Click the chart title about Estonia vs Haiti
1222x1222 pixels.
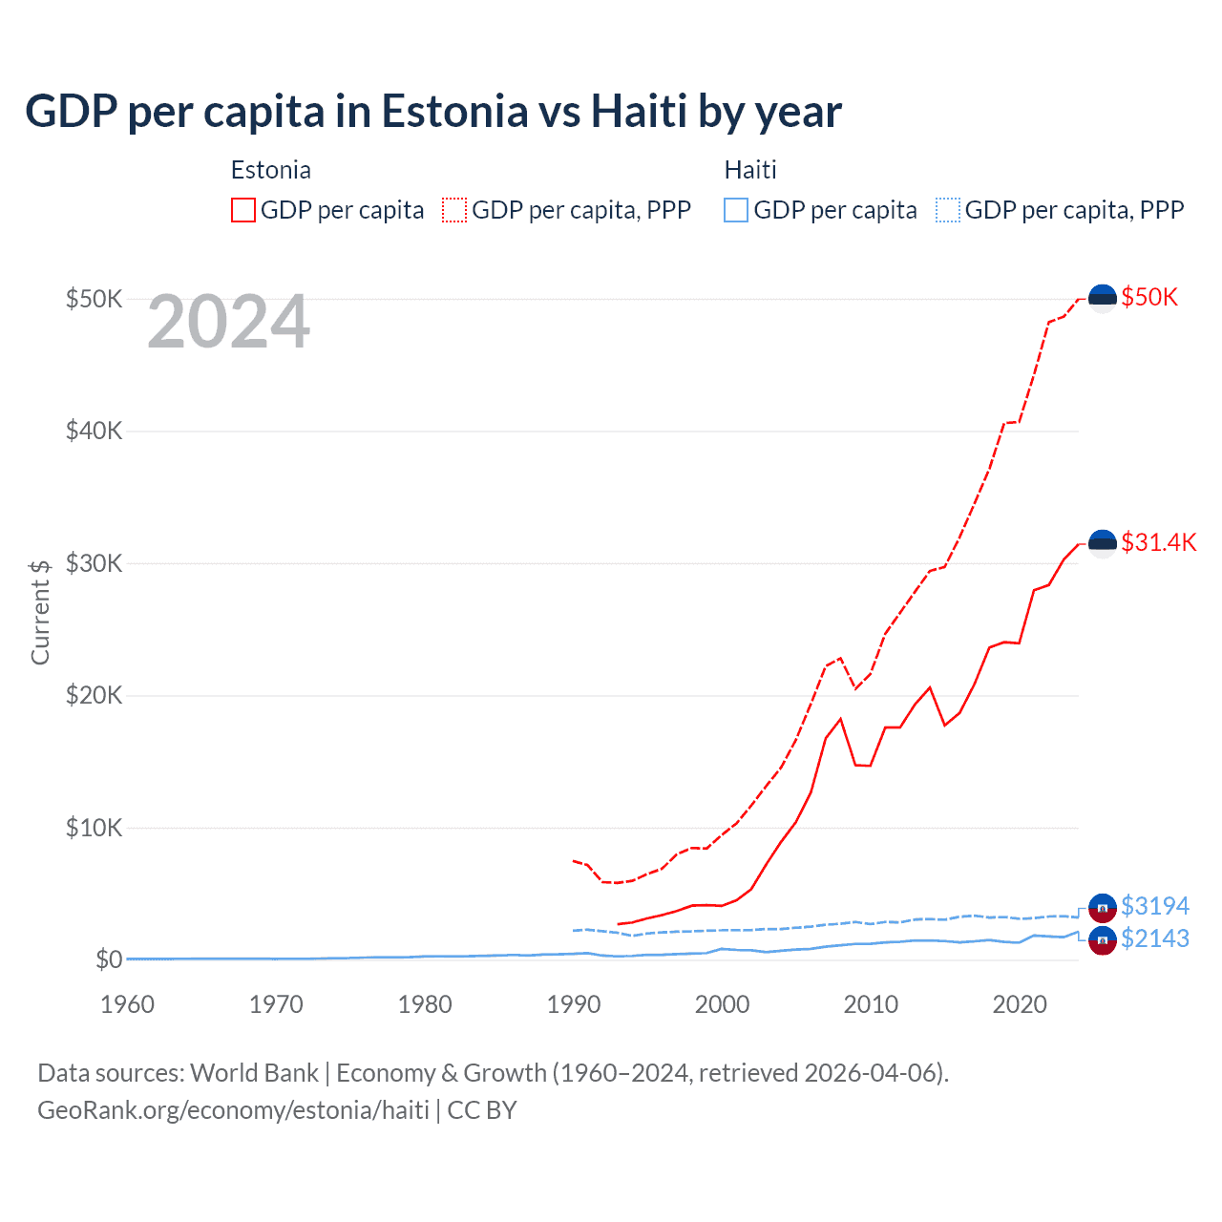click(x=432, y=111)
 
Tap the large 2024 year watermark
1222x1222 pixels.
click(x=228, y=322)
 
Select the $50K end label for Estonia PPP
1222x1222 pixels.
click(x=1149, y=297)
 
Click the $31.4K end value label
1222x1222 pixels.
click(x=1158, y=542)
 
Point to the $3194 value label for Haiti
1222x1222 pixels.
click(x=1155, y=905)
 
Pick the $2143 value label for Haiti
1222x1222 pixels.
click(x=1155, y=938)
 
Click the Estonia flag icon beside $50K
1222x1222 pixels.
click(x=1103, y=298)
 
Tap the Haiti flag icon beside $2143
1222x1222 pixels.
click(x=1103, y=940)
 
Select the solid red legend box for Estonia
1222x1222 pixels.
click(x=243, y=210)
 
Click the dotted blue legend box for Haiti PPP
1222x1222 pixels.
click(x=948, y=210)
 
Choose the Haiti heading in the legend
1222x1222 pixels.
click(x=750, y=170)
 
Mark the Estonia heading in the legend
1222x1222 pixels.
click(x=271, y=170)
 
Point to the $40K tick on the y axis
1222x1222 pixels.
click(x=94, y=431)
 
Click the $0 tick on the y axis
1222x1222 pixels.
click(x=109, y=959)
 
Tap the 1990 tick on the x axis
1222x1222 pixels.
click(x=574, y=1004)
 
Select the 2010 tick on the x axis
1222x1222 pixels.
click(x=871, y=1004)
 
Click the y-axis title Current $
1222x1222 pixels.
click(x=40, y=612)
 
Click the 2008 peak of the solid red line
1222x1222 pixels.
click(x=840, y=719)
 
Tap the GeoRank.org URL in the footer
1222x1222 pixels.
click(x=233, y=1110)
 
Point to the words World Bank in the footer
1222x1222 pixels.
click(x=254, y=1073)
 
